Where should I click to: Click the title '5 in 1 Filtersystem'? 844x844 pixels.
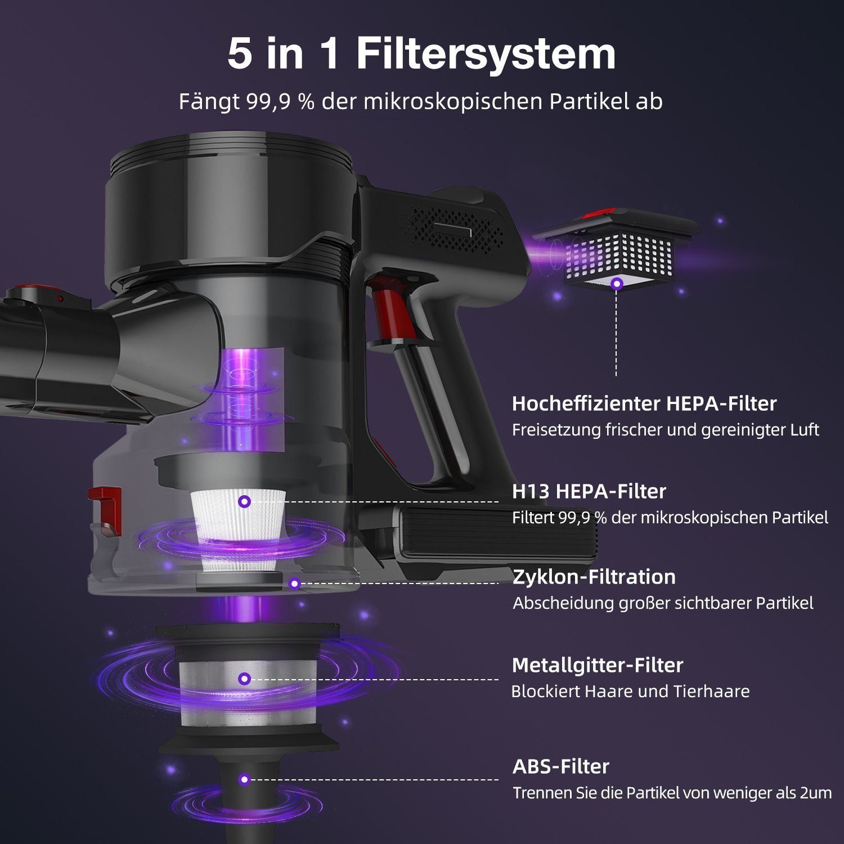click(421, 54)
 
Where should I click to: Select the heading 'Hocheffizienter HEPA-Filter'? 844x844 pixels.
click(644, 403)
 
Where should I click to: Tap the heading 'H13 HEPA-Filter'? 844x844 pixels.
click(589, 491)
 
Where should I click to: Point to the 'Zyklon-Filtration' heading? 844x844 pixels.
click(594, 577)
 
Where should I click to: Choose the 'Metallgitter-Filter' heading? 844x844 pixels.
click(598, 665)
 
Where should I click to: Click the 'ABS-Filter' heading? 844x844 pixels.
click(561, 766)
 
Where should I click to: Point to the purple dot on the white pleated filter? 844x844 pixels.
click(244, 501)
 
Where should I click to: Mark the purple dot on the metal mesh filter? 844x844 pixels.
click(244, 679)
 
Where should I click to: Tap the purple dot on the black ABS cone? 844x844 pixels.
click(244, 779)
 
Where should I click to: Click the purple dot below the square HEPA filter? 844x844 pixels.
click(617, 284)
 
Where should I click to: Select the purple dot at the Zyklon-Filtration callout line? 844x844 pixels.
click(294, 584)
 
